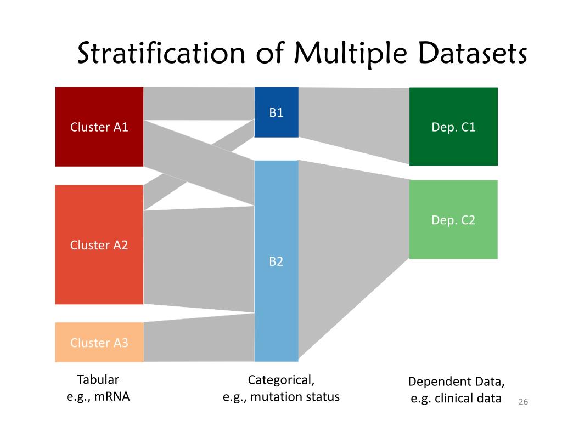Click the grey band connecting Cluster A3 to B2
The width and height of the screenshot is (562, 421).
tap(199, 340)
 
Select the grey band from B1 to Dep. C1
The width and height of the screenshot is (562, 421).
tap(353, 121)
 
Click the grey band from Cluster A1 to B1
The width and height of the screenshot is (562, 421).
tap(199, 103)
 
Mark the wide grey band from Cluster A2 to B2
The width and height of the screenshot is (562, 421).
tap(199, 258)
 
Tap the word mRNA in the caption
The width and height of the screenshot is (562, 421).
tap(112, 396)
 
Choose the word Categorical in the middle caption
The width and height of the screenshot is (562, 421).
tap(282, 379)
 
